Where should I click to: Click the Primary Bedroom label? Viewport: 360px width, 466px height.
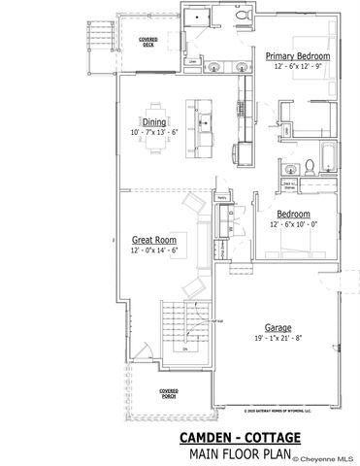point(298,57)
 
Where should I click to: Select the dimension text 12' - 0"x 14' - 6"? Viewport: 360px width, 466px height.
point(153,250)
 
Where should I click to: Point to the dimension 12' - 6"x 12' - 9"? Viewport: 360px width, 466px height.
point(298,68)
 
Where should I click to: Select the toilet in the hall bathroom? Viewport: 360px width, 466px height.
point(307,165)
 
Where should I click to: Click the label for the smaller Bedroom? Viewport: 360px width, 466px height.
point(292,214)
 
